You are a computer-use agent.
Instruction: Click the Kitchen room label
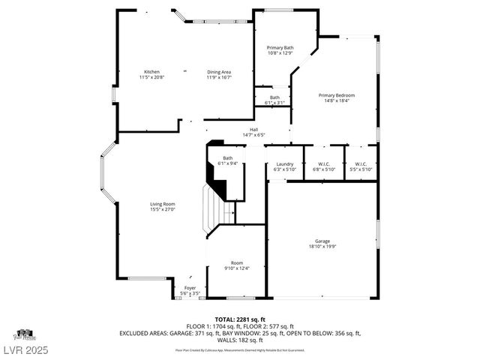click(x=151, y=71)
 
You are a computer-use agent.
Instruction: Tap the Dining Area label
click(x=219, y=71)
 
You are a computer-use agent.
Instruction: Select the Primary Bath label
click(x=280, y=48)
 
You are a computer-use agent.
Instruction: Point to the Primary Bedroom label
click(x=336, y=95)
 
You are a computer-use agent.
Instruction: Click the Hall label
click(x=253, y=130)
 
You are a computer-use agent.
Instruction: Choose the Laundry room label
click(x=284, y=163)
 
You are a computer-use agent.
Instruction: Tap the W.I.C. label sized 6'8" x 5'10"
click(x=324, y=163)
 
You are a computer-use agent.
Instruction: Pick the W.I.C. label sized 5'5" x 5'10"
click(x=361, y=163)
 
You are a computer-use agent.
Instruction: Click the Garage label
click(x=322, y=241)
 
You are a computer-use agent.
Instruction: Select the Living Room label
click(x=163, y=204)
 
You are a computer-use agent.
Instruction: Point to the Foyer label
click(x=190, y=287)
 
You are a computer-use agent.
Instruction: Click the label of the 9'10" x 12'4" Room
click(x=237, y=262)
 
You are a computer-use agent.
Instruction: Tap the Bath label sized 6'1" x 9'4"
click(x=227, y=157)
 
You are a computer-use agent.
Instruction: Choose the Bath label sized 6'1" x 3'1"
click(x=275, y=97)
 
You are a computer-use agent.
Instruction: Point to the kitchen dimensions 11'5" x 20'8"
click(x=151, y=77)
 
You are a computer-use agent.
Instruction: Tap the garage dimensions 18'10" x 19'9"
click(x=322, y=247)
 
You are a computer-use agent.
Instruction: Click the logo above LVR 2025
click(x=25, y=334)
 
